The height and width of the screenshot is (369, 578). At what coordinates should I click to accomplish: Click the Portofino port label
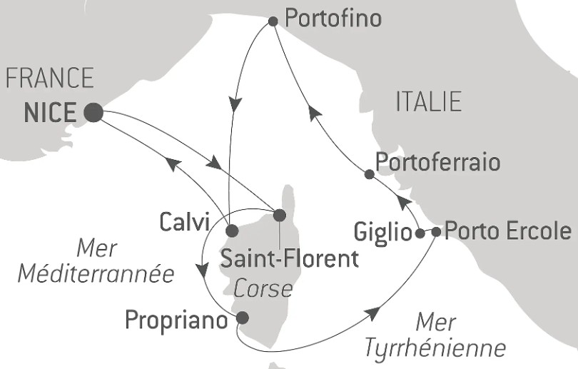click(x=333, y=19)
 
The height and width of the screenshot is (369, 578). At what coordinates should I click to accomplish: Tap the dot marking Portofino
click(x=273, y=22)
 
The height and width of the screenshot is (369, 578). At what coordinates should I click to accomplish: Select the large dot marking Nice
click(x=93, y=112)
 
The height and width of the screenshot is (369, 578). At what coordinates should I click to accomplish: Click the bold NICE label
click(x=49, y=113)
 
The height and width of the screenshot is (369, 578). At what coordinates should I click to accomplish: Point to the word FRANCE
click(x=50, y=78)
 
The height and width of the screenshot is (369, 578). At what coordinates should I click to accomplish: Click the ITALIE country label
click(x=429, y=101)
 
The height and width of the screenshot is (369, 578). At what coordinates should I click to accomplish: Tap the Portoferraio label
click(x=437, y=162)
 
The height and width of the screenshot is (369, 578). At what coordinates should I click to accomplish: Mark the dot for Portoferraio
click(x=368, y=174)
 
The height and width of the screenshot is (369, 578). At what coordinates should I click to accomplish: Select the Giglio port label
click(x=383, y=233)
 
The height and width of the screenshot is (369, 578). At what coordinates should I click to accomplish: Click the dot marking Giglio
click(x=420, y=233)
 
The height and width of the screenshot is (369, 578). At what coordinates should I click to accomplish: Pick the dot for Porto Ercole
click(x=436, y=231)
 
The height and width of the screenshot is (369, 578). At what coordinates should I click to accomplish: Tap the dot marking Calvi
click(x=231, y=231)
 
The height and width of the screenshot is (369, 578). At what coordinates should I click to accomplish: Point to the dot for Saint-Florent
click(x=279, y=215)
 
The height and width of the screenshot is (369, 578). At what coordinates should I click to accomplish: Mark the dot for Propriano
click(x=242, y=318)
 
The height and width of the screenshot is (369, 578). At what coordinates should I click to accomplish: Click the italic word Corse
click(x=262, y=288)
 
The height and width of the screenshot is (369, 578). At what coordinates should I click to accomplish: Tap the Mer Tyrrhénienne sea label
click(x=435, y=336)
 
